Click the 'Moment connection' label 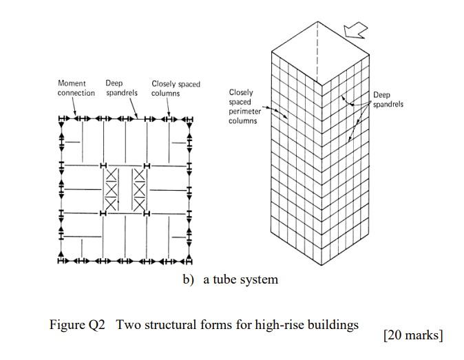pyautogui.click(x=76, y=88)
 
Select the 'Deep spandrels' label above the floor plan pyautogui.click(x=122, y=88)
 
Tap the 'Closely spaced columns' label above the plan pyautogui.click(x=175, y=88)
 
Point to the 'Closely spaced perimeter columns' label pyautogui.click(x=242, y=106)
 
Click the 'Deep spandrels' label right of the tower pyautogui.click(x=388, y=100)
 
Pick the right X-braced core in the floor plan pyautogui.click(x=139, y=189)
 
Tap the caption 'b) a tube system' pyautogui.click(x=231, y=279)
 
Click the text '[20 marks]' pyautogui.click(x=413, y=335)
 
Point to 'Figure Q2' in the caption pyautogui.click(x=77, y=325)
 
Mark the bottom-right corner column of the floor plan pyautogui.click(x=189, y=261)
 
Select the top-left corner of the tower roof pyautogui.click(x=272, y=50)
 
